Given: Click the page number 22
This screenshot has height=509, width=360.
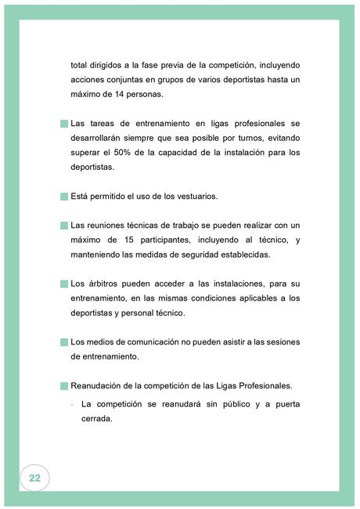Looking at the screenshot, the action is click(34, 478).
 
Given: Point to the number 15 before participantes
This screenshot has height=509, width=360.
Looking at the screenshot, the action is click(123, 240).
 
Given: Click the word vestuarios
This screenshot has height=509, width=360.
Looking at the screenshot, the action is click(193, 196).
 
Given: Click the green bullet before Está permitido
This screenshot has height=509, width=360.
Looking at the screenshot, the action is click(64, 196).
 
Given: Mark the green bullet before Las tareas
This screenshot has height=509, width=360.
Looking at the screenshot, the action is click(64, 124).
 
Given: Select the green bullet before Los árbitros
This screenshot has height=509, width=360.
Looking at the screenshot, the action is click(64, 283).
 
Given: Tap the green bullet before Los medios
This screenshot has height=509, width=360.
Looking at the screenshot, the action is click(64, 341).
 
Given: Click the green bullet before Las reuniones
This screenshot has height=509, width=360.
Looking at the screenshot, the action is click(64, 225).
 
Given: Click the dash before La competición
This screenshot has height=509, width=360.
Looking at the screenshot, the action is click(73, 404).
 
